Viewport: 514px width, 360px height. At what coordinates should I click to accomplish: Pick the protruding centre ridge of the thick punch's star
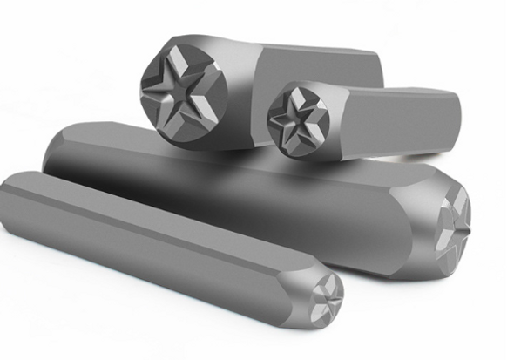point(458,213)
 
